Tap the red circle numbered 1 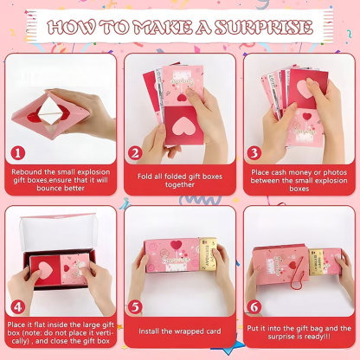tap(18, 151)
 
